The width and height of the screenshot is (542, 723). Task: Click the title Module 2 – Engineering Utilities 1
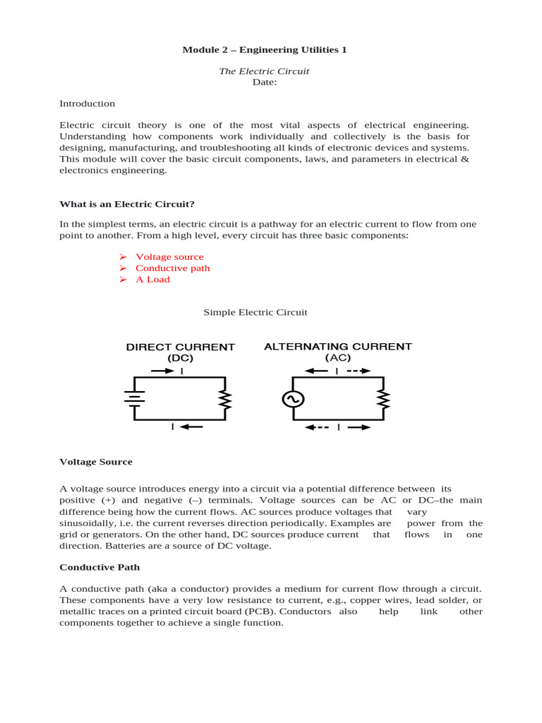coord(265,49)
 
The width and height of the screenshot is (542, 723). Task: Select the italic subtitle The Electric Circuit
coord(265,71)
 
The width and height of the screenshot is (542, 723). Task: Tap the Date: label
coord(265,82)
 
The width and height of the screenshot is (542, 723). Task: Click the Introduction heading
coord(87,104)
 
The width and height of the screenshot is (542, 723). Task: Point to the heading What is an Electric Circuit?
coord(126,204)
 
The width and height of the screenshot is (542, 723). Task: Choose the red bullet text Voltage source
coord(169,257)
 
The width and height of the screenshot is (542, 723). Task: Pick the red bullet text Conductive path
coord(172,268)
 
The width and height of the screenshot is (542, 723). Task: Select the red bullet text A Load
coord(152,280)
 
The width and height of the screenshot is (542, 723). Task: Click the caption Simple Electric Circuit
coord(255,312)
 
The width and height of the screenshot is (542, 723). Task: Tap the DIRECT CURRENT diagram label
coord(181,347)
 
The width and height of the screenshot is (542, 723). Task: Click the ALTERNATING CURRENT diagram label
coord(337,347)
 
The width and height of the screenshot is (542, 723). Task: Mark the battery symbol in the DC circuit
coord(135,399)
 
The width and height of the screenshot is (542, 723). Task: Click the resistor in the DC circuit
coord(225,400)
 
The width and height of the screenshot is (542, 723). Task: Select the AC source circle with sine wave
coord(292,399)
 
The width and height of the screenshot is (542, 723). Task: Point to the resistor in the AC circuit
coord(383,400)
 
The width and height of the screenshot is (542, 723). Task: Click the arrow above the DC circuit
coord(163,371)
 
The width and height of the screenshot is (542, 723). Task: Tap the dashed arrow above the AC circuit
coord(358,371)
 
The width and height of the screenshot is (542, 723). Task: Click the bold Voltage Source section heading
coord(96,462)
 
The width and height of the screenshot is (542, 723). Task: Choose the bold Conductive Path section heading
coord(100,567)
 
